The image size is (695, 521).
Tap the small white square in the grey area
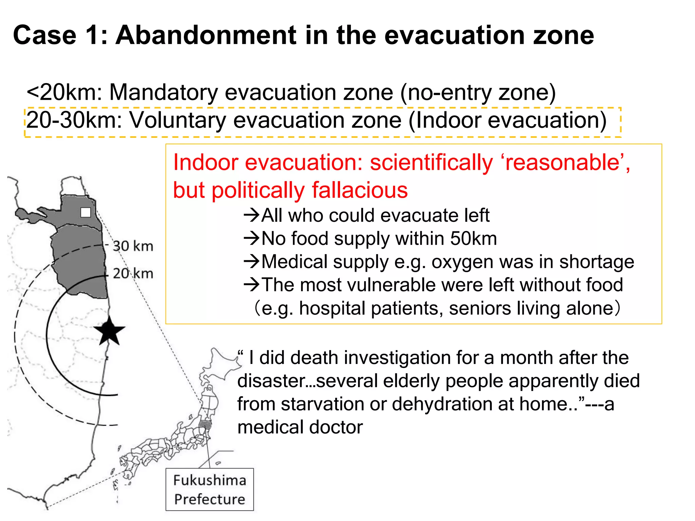point(86,212)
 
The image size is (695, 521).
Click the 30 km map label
point(133,246)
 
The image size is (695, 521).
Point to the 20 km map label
point(133,273)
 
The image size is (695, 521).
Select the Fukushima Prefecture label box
point(209,489)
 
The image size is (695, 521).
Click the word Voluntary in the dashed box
point(178,120)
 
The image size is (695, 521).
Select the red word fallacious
point(360,190)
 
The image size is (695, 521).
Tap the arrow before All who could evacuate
point(251,215)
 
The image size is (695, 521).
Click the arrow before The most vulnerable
point(251,285)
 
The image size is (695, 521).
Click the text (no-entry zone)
point(478,92)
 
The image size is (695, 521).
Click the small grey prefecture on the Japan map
point(205,425)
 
